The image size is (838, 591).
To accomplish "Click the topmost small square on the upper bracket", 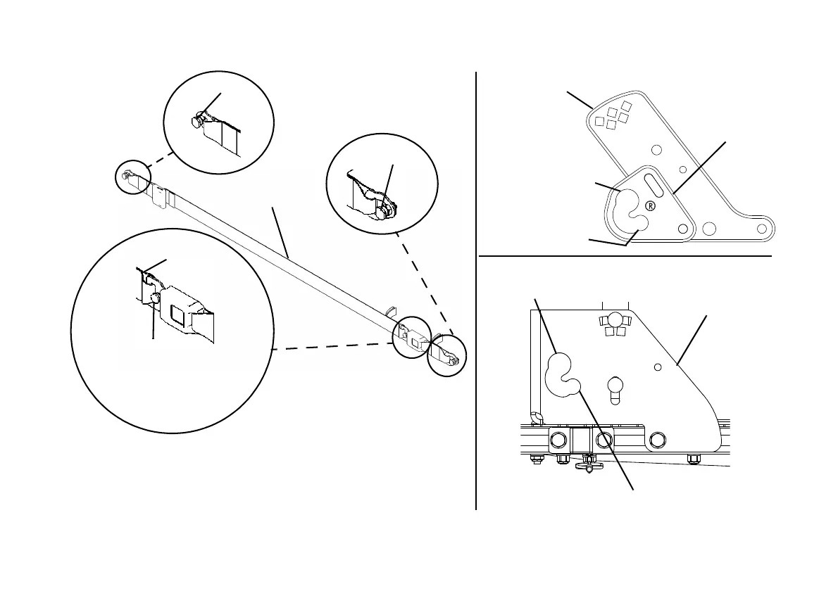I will click(626, 106).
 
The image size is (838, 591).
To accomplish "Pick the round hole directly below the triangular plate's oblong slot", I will click(682, 229).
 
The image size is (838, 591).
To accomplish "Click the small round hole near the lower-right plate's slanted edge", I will click(656, 366).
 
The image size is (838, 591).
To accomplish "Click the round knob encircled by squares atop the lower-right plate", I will click(617, 319).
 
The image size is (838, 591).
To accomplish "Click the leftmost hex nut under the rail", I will click(535, 460).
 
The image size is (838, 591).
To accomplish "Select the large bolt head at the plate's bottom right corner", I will click(658, 440).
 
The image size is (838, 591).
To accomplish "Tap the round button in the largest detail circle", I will click(154, 299).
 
